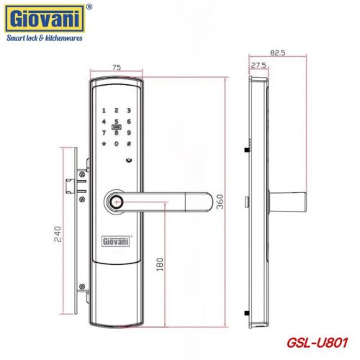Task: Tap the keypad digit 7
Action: pyautogui.click(x=103, y=133)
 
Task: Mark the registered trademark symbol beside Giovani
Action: pyautogui.click(x=88, y=7)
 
